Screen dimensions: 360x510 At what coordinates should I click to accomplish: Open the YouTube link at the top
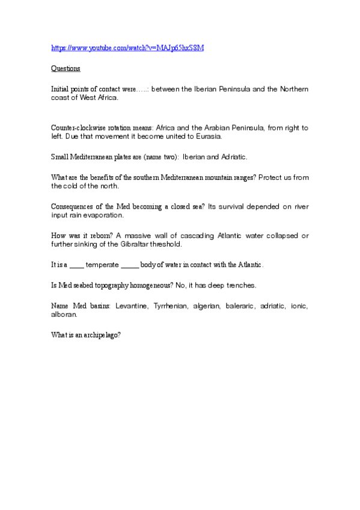coord(127,48)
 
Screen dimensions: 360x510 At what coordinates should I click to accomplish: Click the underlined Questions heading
coord(66,69)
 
